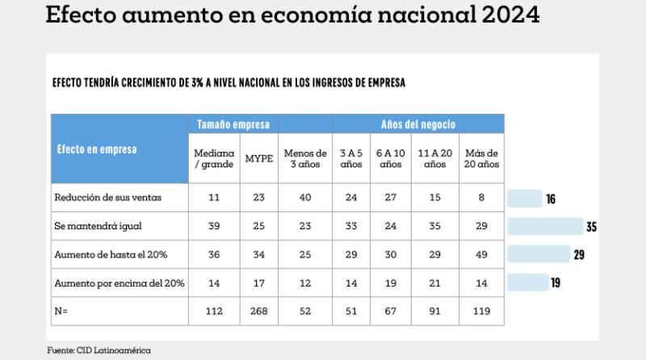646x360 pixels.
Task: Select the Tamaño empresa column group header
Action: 234,124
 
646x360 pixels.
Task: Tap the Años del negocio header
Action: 418,124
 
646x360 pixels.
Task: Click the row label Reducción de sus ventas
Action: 99,198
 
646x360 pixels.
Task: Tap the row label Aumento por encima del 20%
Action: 120,283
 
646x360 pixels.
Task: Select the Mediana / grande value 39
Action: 214,226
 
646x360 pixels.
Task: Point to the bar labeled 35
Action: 545,226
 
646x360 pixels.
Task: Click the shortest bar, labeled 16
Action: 524,199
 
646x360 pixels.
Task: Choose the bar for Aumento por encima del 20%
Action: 527,283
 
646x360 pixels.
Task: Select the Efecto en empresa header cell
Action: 96,149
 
